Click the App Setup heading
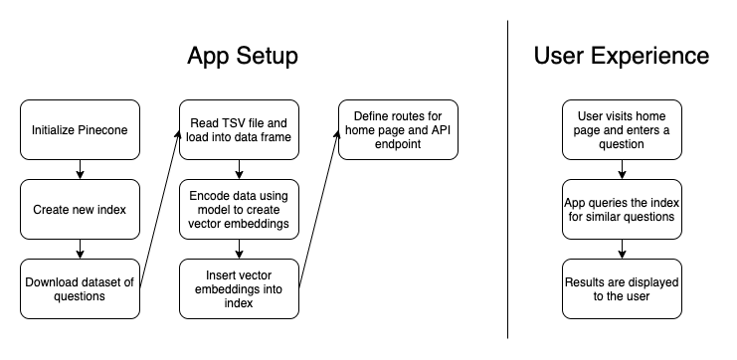click(x=242, y=56)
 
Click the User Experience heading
click(x=622, y=56)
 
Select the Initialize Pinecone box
click(x=81, y=130)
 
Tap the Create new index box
click(x=81, y=209)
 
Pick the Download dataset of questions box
click(x=81, y=288)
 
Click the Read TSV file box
click(x=239, y=130)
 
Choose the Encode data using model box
click(x=239, y=209)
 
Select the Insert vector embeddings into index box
click(x=239, y=288)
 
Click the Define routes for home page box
click(x=398, y=130)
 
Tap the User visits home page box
click(x=622, y=130)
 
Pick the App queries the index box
click(x=622, y=209)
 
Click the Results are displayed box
click(x=622, y=288)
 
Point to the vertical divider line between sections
click(x=508, y=179)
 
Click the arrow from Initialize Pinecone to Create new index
click(x=81, y=169)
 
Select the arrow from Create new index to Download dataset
click(x=81, y=249)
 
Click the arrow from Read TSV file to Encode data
click(x=239, y=169)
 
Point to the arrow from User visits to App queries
click(x=622, y=169)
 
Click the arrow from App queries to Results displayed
click(x=622, y=249)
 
